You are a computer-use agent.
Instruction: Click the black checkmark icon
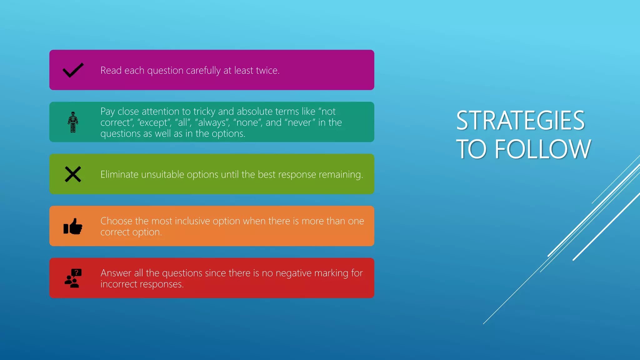73,70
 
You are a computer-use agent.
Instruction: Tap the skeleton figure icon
73,122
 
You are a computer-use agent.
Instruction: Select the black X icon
73,174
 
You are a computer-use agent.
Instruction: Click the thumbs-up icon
73,226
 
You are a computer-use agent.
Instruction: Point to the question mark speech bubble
76,273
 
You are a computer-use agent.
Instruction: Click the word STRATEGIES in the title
520,121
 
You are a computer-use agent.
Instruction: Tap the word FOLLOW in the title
543,149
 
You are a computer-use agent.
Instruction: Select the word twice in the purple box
267,71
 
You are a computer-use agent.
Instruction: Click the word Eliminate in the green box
119,174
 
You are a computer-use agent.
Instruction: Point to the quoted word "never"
300,122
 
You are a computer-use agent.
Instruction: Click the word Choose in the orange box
116,221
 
